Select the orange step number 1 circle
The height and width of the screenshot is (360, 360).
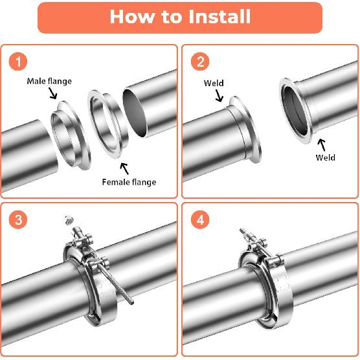(19, 62)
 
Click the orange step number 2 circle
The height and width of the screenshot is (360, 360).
(201, 62)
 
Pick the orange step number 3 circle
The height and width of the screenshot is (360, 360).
(19, 220)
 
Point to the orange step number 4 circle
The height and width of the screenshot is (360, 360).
(201, 220)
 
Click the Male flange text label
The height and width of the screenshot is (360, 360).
(49, 81)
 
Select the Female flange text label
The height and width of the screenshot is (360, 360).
(129, 182)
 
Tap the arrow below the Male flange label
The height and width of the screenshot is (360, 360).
(53, 95)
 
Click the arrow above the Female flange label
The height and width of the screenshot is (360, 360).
(123, 169)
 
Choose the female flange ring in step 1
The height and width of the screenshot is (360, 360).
(103, 123)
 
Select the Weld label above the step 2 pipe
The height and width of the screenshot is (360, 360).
(214, 84)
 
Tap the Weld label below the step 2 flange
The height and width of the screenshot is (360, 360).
(325, 157)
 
